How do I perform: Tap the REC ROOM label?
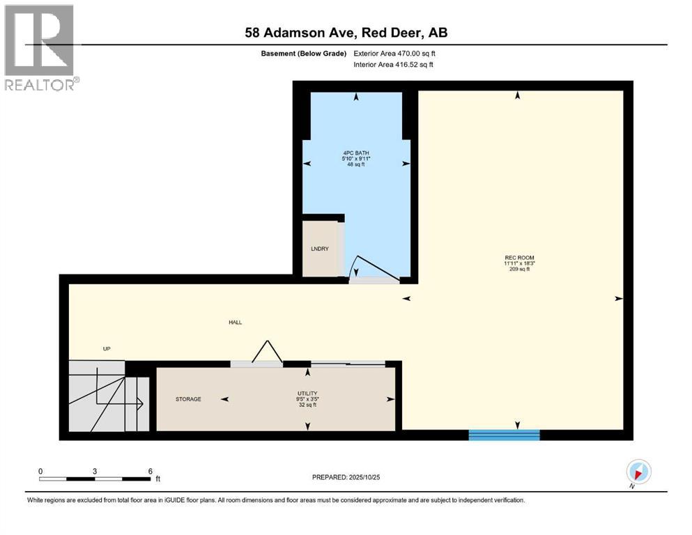[x=518, y=258]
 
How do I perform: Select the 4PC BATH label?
[x=356, y=153]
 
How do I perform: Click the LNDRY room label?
[x=319, y=249]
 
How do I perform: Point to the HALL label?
[x=235, y=322]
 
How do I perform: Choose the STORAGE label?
[x=188, y=399]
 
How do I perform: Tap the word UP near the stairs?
[x=107, y=349]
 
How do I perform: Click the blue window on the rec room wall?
[x=504, y=435]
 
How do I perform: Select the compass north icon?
[x=638, y=472]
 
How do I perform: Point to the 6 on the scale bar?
[x=151, y=471]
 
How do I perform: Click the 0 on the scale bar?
[x=41, y=471]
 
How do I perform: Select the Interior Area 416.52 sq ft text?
[x=393, y=65]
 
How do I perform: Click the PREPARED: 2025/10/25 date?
[x=346, y=477]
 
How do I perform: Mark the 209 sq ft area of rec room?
[x=518, y=269]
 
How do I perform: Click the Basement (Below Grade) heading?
[x=302, y=53]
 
